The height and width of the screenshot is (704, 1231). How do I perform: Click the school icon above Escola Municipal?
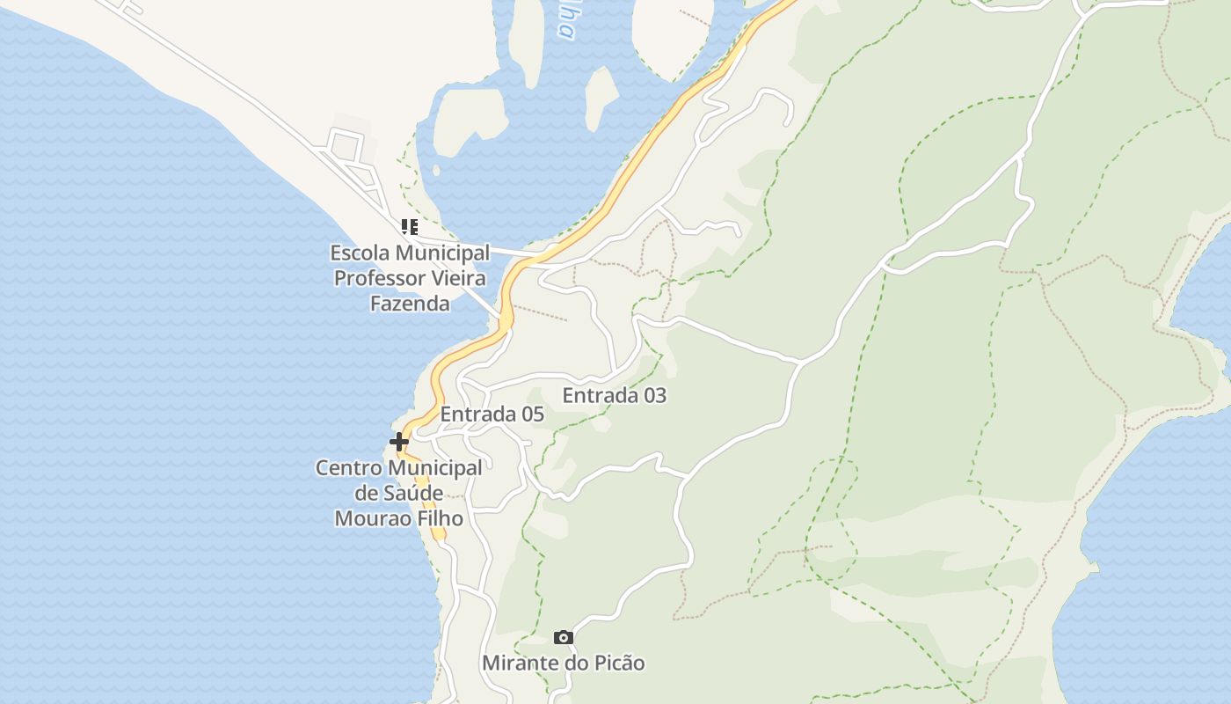[409, 227]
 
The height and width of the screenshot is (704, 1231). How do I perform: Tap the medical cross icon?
[399, 441]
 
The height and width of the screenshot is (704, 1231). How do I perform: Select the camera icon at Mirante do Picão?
[564, 637]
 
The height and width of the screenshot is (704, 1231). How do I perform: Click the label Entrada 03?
[614, 396]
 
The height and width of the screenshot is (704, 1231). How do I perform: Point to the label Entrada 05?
[492, 414]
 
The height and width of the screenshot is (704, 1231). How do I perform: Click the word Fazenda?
[410, 304]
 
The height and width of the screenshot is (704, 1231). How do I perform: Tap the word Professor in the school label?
[379, 278]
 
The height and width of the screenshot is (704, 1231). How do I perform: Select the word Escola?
[359, 253]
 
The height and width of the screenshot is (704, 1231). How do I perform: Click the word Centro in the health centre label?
[350, 468]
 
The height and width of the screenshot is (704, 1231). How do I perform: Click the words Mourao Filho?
[398, 518]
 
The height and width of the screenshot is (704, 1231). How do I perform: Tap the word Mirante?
[520, 664]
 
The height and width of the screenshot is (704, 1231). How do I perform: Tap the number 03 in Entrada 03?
[654, 396]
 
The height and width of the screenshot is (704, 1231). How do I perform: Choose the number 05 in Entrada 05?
[531, 414]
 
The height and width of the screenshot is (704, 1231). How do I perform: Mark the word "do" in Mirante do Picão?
[574, 664]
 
